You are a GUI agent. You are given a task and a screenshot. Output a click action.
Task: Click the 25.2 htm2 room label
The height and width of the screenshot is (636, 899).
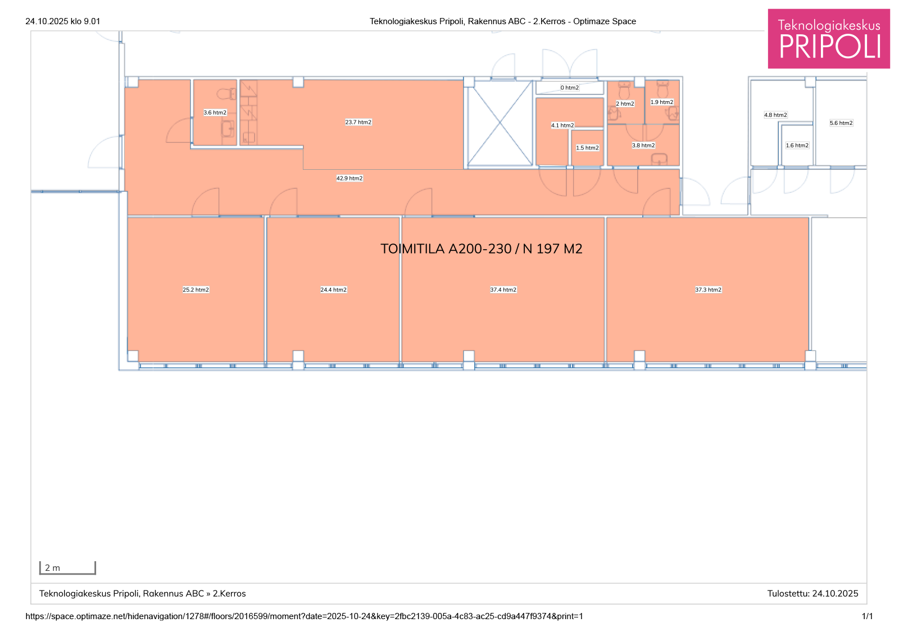[x=196, y=290]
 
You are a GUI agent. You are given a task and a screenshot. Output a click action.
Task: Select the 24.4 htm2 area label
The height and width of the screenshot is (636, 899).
[x=334, y=290]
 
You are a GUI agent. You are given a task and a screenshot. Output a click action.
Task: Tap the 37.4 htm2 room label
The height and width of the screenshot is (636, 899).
[x=503, y=290]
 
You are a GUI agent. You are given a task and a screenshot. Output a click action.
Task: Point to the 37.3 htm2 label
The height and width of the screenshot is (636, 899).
[x=709, y=290]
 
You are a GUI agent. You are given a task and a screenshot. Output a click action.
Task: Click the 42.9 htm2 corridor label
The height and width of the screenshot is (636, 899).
[x=349, y=178]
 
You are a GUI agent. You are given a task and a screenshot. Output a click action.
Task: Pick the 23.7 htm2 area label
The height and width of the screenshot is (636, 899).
[x=358, y=122]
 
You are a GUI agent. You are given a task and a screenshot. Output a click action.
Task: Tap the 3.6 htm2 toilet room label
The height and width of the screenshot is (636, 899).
[x=215, y=112]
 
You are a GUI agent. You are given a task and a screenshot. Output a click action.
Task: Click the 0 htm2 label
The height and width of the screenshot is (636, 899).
[x=570, y=88]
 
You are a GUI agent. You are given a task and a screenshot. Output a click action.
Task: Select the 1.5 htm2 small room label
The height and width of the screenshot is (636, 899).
[x=588, y=148]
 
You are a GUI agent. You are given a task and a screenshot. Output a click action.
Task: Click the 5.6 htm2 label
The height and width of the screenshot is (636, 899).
[x=841, y=123]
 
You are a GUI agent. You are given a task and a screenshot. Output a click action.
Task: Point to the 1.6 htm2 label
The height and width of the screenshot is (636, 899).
[x=797, y=146]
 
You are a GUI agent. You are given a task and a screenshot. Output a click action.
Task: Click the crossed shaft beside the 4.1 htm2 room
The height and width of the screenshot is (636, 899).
[x=500, y=123]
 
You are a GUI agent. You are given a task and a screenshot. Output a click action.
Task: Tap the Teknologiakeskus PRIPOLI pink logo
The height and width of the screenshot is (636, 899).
[x=829, y=39]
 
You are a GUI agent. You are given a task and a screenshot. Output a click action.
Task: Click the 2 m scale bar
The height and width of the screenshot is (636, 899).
[x=67, y=568]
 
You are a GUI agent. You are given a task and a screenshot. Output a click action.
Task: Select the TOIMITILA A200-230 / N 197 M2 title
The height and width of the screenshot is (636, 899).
[x=481, y=249]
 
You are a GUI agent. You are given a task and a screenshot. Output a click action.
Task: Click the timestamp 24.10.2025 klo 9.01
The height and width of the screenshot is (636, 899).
[x=62, y=21]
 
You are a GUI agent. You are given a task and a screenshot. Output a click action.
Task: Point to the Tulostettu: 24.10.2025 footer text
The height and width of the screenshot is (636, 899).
[x=812, y=594]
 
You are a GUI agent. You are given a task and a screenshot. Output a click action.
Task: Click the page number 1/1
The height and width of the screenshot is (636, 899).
[x=868, y=616]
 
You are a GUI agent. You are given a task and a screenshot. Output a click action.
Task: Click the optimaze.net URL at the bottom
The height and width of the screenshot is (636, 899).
[x=304, y=616]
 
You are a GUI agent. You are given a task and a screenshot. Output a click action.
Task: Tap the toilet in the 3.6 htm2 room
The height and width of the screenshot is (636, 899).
[x=226, y=94]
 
